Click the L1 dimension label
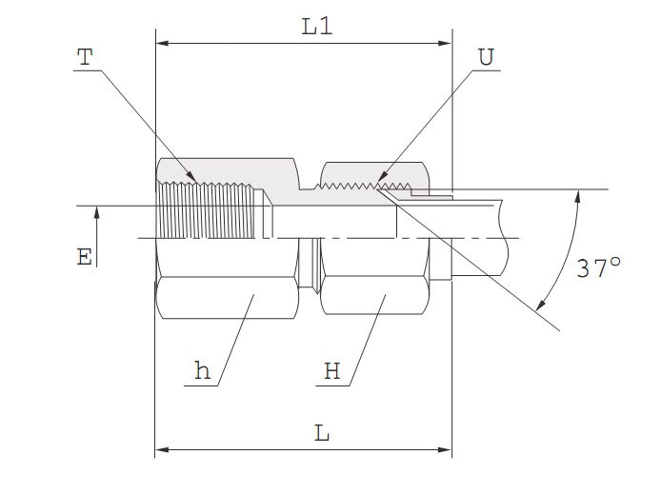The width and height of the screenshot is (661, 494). tap(316, 27)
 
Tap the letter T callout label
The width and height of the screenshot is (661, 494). tap(86, 57)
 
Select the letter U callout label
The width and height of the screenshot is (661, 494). tap(486, 57)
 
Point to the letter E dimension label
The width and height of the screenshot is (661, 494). tap(85, 257)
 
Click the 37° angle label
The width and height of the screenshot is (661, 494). tap(598, 268)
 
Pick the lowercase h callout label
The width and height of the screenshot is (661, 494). tap(202, 371)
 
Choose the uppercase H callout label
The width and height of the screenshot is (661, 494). tap(331, 371)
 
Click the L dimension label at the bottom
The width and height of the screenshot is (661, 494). tap(322, 434)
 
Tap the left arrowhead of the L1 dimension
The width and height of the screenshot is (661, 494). tap(161, 43)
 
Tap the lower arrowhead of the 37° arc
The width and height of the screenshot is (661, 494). tap(540, 306)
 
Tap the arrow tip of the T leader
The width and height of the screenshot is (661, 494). tap(196, 183)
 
